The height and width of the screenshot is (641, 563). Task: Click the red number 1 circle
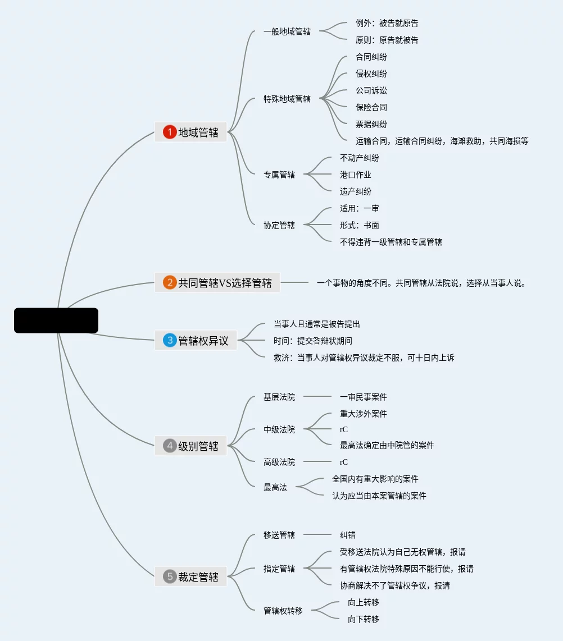tap(169, 132)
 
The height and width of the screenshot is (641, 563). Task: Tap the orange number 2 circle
tap(169, 282)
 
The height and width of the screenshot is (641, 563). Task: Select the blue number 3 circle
tap(169, 340)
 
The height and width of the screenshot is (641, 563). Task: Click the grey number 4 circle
tap(169, 446)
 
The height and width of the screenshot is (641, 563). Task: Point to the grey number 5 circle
tap(169, 576)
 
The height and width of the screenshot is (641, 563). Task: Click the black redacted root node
tap(56, 320)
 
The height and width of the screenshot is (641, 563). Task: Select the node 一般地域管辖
tap(287, 31)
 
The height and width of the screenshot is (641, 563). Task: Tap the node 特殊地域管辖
tap(287, 99)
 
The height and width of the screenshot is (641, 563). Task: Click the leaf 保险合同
tap(371, 108)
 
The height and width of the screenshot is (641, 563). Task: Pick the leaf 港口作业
tap(356, 175)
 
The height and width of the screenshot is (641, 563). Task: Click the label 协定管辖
tap(279, 225)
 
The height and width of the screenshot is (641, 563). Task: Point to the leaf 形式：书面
tap(359, 225)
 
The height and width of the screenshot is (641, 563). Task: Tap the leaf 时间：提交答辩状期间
tap(312, 341)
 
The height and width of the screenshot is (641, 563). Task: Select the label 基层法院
tap(279, 397)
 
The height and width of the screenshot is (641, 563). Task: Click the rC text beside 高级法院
tap(344, 463)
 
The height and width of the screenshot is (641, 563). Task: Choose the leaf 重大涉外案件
tap(364, 414)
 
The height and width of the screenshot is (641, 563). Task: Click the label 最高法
tap(275, 487)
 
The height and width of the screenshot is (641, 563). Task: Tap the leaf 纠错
tap(348, 535)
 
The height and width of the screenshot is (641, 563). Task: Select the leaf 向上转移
tap(364, 603)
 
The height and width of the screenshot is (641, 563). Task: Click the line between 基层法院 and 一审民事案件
tap(317, 396)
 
